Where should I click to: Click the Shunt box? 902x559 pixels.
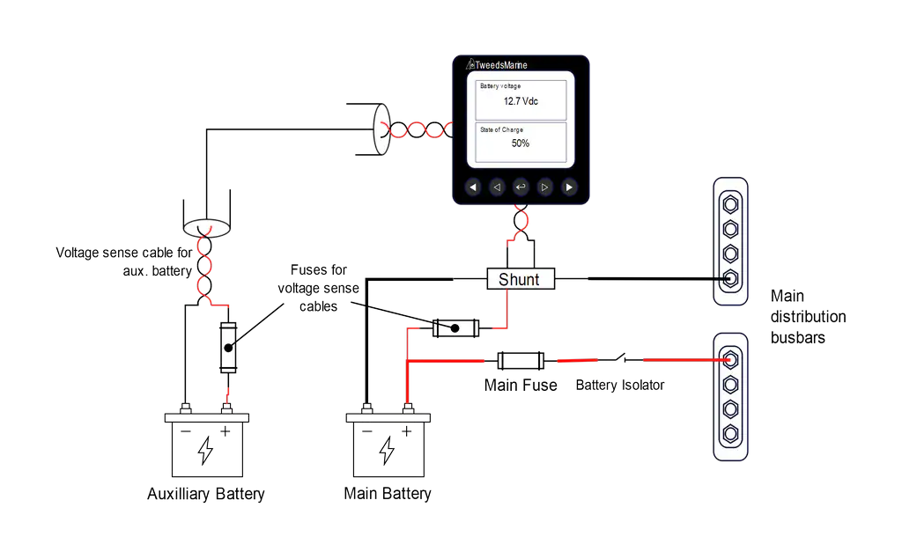pyautogui.click(x=521, y=279)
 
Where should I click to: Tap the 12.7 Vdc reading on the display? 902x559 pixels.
pyautogui.click(x=521, y=101)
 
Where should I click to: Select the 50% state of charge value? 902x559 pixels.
pyautogui.click(x=521, y=143)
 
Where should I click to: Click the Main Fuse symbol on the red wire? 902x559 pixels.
pyautogui.click(x=521, y=360)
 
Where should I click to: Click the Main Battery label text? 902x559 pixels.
pyautogui.click(x=388, y=493)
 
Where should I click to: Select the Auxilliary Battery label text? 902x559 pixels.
pyautogui.click(x=206, y=494)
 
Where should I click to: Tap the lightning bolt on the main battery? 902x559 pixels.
pyautogui.click(x=387, y=450)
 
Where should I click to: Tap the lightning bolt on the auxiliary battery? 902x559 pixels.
pyautogui.click(x=205, y=451)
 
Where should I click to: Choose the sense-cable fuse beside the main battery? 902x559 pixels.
pyautogui.click(x=455, y=328)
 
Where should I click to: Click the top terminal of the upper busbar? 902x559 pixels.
pyautogui.click(x=730, y=203)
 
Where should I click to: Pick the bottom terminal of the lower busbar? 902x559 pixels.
pyautogui.click(x=730, y=433)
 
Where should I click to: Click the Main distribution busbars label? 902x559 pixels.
pyautogui.click(x=807, y=317)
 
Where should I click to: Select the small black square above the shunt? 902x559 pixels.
pyautogui.click(x=507, y=254)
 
